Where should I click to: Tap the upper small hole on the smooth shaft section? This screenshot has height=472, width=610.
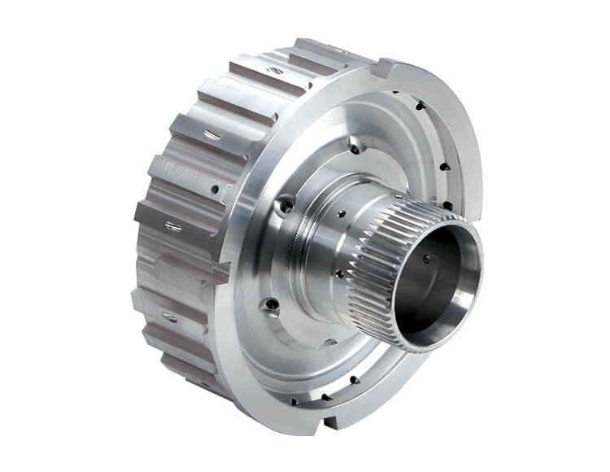tap(341, 214)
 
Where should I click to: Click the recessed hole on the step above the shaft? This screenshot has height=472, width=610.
tap(354, 149)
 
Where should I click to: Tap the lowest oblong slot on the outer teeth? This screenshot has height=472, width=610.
tap(169, 317)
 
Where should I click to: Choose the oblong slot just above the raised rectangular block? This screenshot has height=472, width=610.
tap(173, 227)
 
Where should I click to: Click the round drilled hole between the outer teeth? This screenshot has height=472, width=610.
tap(215, 190)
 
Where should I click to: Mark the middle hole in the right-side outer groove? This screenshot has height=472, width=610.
tap(444, 167)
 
